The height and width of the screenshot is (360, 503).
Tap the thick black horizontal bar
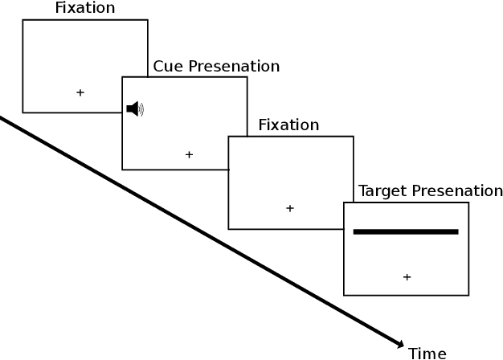click(406, 231)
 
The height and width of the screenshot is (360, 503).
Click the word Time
click(427, 353)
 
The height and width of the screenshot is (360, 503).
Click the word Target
click(382, 191)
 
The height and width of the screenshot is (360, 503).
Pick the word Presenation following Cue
click(233, 67)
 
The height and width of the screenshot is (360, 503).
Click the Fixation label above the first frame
click(84, 9)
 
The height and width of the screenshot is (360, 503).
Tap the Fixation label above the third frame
click(288, 125)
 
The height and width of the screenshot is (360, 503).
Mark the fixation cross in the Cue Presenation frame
click(189, 154)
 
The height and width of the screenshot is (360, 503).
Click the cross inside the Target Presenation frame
click(407, 277)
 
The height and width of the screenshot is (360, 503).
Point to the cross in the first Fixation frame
click(80, 92)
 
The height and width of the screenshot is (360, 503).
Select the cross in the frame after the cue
click(290, 208)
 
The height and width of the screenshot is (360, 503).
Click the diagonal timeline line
click(201, 232)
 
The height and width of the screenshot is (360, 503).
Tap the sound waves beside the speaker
click(141, 109)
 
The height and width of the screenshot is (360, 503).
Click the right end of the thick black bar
click(456, 231)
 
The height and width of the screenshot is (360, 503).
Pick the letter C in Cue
click(158, 67)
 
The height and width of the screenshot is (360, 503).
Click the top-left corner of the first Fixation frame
click(22, 20)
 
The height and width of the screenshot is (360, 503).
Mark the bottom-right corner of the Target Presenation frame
click(469, 295)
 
